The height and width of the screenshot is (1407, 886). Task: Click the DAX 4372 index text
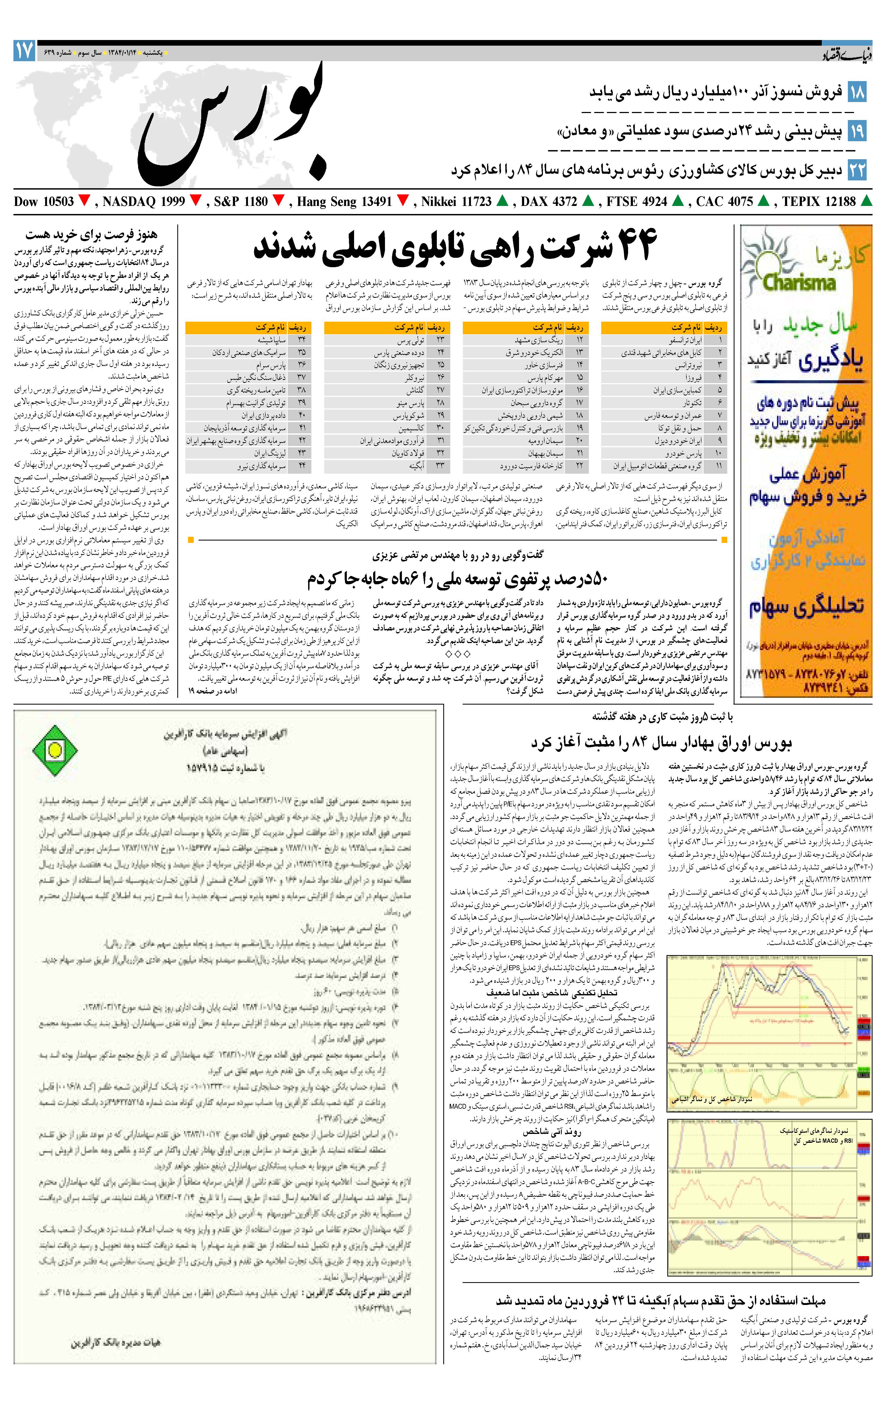click(548, 202)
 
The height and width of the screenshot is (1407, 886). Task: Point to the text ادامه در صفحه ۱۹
click(213, 691)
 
